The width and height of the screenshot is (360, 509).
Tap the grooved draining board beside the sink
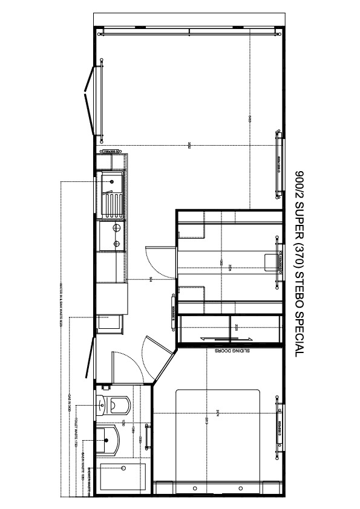(x=113, y=203)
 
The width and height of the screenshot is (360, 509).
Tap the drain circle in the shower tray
(x=123, y=467)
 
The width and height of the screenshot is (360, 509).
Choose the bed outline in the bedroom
(x=218, y=435)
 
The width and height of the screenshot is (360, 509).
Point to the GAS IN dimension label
(x=70, y=402)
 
